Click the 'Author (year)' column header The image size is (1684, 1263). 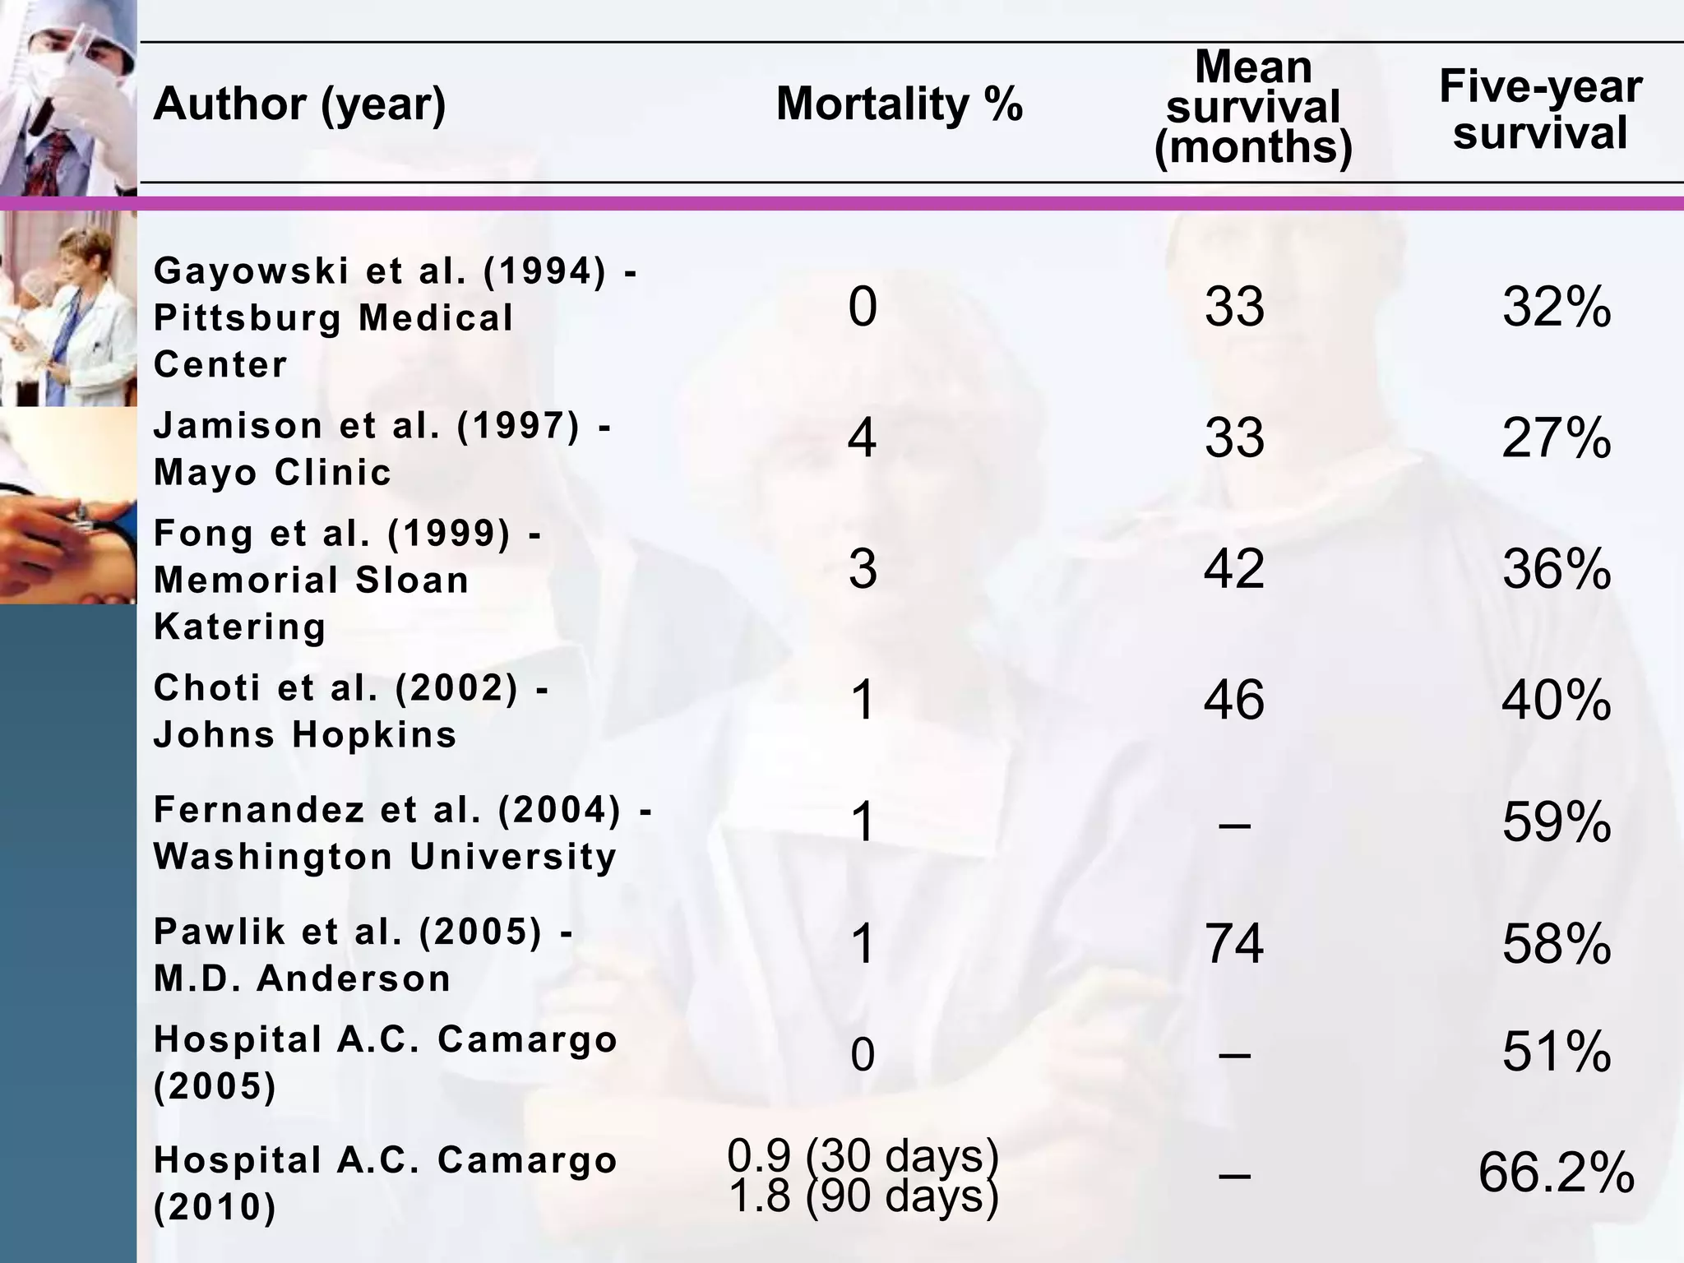tap(299, 105)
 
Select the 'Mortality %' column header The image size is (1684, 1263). tap(899, 105)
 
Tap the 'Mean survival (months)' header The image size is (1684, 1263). tap(1252, 108)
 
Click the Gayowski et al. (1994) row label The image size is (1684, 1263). tap(395, 317)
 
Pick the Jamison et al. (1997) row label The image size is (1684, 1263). tap(382, 449)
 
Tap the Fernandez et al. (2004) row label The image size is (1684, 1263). tap(403, 833)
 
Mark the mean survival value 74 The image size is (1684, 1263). tap(1233, 944)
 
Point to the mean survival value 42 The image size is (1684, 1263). tap(1233, 568)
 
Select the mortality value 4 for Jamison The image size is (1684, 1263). tap(862, 438)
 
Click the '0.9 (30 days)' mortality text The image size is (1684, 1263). tap(863, 1155)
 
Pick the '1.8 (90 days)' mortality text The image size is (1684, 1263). tap(863, 1196)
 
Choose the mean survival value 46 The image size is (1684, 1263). tap(1233, 701)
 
